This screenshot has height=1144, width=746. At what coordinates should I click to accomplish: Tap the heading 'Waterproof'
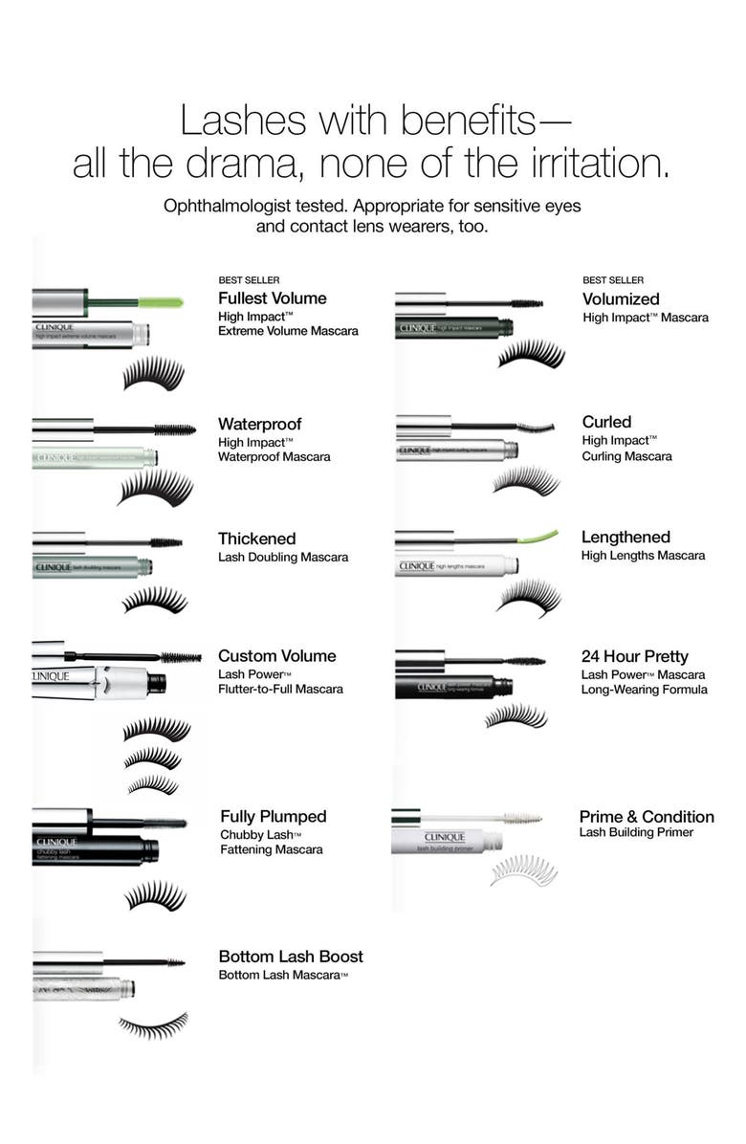tap(259, 424)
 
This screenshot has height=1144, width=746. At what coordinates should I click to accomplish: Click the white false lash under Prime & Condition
tap(522, 870)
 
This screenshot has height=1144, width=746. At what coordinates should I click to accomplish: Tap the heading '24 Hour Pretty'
tap(634, 656)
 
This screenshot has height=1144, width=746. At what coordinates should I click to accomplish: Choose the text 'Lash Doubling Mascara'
tap(283, 557)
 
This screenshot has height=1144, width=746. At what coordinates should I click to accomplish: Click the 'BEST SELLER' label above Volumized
tap(613, 280)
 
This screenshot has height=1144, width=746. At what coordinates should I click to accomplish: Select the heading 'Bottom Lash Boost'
tap(291, 957)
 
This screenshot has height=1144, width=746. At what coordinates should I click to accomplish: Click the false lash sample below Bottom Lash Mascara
tap(153, 1024)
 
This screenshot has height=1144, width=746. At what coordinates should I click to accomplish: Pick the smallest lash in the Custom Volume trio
tap(153, 784)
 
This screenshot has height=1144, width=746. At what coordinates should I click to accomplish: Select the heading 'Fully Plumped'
tap(274, 817)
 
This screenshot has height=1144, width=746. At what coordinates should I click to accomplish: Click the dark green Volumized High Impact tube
tap(455, 327)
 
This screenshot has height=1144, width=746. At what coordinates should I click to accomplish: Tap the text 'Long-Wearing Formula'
tap(645, 690)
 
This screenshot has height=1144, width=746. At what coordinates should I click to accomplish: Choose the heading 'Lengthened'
tap(625, 538)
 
